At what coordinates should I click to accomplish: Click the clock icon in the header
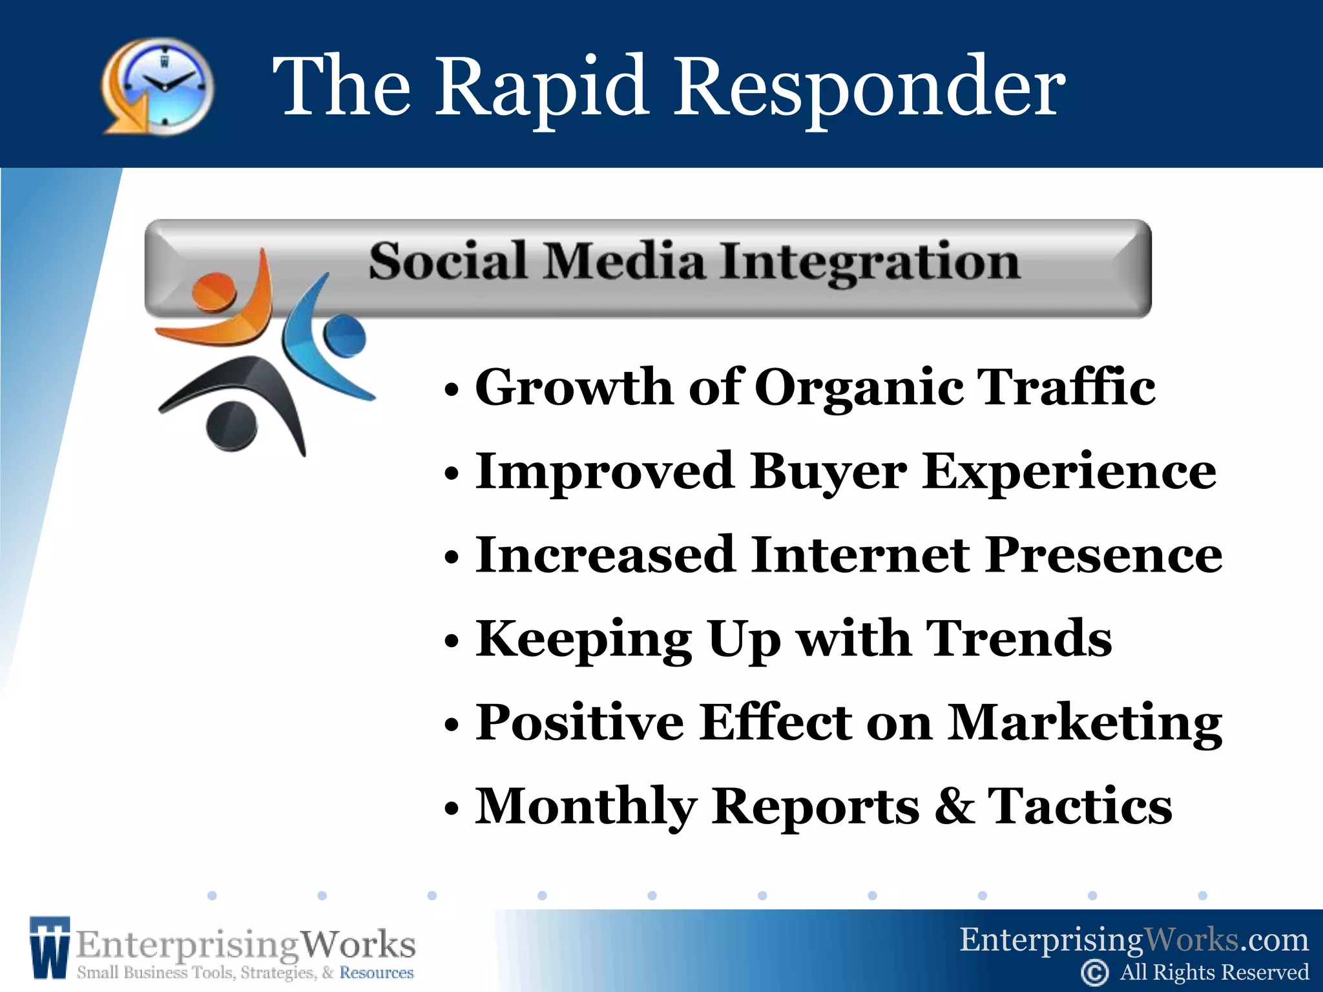click(x=158, y=86)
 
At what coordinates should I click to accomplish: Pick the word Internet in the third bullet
click(x=860, y=555)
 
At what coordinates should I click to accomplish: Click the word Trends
click(x=1019, y=639)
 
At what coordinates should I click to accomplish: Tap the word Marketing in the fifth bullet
click(x=1085, y=722)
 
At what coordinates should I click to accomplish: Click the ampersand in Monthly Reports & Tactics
click(x=954, y=806)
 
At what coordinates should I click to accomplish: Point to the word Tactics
click(x=1080, y=806)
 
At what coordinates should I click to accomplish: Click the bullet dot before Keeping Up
click(x=452, y=642)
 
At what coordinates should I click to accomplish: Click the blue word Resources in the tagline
click(x=377, y=973)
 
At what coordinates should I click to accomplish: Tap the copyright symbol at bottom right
click(x=1094, y=973)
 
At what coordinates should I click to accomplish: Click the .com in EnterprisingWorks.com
click(x=1274, y=940)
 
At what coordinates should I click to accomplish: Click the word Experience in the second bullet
click(x=1069, y=471)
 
